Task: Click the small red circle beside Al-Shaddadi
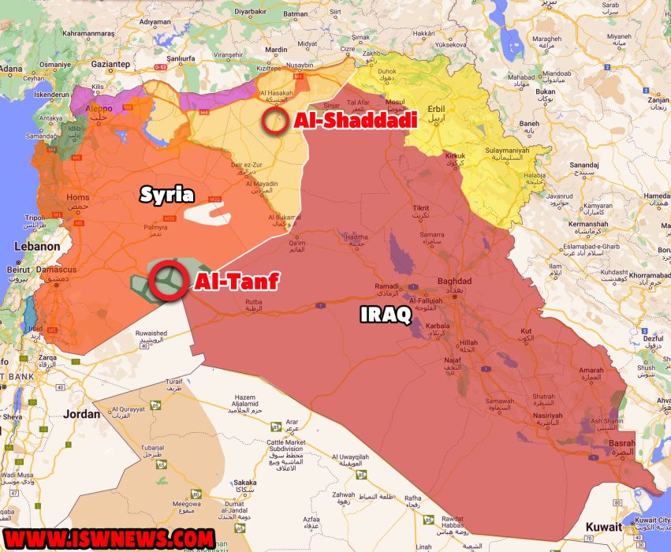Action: tap(275, 121)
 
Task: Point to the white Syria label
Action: tap(167, 194)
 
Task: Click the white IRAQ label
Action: tap(386, 314)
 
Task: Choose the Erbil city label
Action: tap(435, 109)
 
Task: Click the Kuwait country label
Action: tap(603, 526)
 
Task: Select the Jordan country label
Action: tap(82, 413)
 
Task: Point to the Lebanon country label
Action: tap(36, 246)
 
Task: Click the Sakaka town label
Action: tap(245, 483)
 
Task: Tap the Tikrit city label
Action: tap(421, 208)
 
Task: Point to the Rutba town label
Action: tap(255, 300)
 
